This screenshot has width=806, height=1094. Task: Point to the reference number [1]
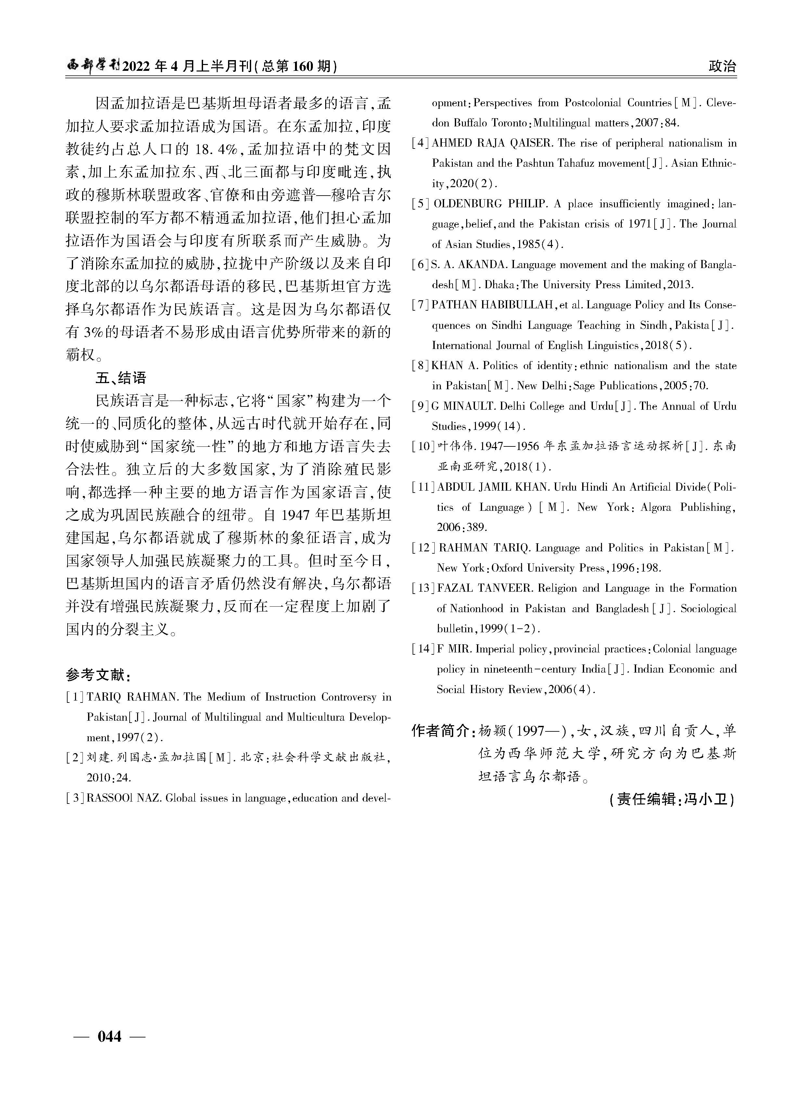pyautogui.click(x=76, y=697)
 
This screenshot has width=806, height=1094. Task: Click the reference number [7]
pyautogui.click(x=421, y=305)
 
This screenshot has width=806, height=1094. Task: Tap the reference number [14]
pyautogui.click(x=423, y=649)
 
